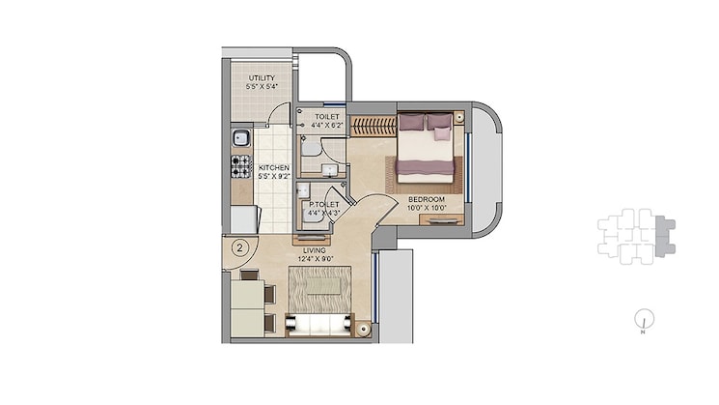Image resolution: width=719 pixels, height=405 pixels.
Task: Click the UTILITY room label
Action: pyautogui.click(x=261, y=78)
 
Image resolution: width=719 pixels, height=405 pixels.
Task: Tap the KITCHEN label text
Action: pyautogui.click(x=274, y=167)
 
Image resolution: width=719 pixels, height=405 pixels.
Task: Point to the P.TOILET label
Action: pyautogui.click(x=320, y=205)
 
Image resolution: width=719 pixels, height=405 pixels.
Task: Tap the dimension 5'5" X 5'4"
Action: pyautogui.click(x=261, y=87)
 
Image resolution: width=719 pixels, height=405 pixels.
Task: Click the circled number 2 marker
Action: pyautogui.click(x=237, y=247)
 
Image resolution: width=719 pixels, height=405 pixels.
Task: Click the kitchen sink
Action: pyautogui.click(x=240, y=137)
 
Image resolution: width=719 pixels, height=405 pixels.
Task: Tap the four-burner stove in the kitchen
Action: pyautogui.click(x=240, y=167)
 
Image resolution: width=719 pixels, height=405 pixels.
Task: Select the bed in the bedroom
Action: pyautogui.click(x=426, y=146)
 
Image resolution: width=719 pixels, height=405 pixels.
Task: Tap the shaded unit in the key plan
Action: pyautogui.click(x=665, y=234)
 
